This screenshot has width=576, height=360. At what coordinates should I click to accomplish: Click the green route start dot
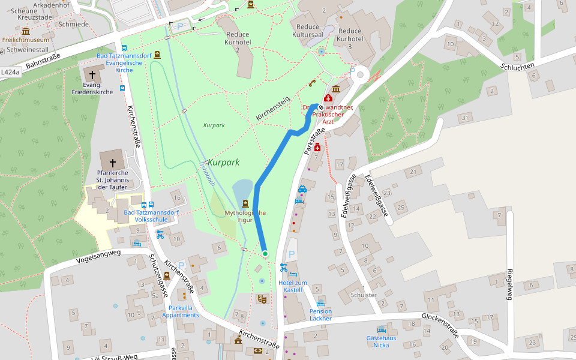[x=265, y=254]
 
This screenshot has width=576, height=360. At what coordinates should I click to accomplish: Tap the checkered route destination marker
[x=320, y=108]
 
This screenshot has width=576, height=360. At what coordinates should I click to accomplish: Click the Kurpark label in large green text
[x=224, y=163]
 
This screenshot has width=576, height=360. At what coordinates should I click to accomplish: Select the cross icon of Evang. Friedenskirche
[x=92, y=76]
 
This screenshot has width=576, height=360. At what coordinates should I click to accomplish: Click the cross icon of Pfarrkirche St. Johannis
[x=112, y=163]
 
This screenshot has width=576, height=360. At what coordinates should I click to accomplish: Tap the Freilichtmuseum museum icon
[x=25, y=31]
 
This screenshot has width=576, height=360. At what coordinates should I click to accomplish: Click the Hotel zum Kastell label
[x=293, y=286]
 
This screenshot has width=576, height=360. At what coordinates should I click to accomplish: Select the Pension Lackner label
[x=320, y=314]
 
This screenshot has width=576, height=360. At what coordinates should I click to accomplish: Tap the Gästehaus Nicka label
[x=381, y=341]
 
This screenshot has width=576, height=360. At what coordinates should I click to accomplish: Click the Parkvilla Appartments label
[x=180, y=311]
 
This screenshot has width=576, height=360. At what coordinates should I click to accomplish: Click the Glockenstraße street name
[x=440, y=326]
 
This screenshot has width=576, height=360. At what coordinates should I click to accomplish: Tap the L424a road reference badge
[x=10, y=72]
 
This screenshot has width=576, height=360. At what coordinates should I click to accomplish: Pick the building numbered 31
[x=465, y=118]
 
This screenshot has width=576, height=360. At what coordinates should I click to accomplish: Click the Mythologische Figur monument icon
[x=245, y=204]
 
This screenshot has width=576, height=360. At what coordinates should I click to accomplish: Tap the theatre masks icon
[x=262, y=298]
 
